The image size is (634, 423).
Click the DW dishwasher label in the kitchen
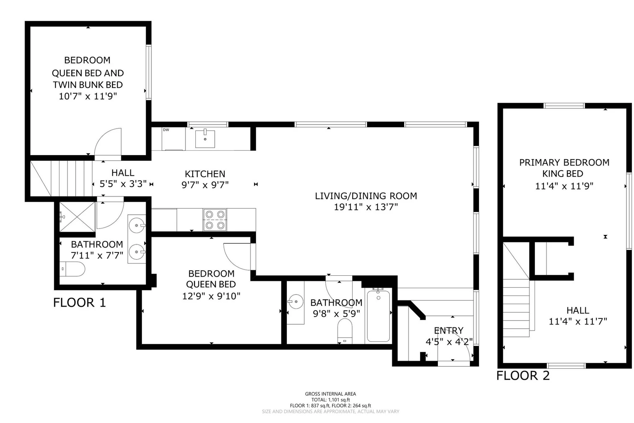[166, 130]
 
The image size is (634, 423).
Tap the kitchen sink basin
[205, 139]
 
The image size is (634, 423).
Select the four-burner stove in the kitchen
[215, 220]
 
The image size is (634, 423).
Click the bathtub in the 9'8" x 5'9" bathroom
[378, 316]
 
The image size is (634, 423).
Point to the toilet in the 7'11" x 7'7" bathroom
[73, 269]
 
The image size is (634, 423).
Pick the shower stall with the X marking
[77, 217]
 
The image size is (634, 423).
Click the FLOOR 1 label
[80, 302]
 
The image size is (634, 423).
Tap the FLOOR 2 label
[523, 376]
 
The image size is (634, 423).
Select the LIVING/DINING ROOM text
[366, 196]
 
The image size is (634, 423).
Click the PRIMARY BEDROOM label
[564, 162]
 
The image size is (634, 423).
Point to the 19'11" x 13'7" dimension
[366, 207]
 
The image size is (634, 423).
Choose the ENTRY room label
[449, 331]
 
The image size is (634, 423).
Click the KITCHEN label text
[205, 174]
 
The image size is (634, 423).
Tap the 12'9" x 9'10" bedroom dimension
[211, 296]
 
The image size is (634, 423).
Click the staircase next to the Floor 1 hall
[61, 178]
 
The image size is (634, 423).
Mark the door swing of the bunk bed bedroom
[108, 142]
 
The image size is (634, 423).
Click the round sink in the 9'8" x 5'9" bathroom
[296, 301]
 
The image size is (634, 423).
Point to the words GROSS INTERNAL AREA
[330, 394]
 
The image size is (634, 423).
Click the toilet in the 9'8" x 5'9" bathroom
[345, 331]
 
